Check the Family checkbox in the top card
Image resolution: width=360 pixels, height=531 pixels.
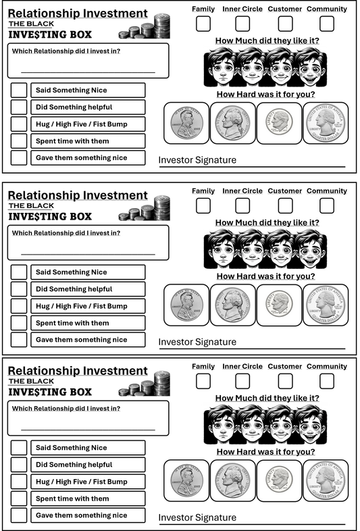[203, 24]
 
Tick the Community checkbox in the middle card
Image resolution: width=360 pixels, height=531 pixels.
[327, 205]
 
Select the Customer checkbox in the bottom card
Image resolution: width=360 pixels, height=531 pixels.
[286, 381]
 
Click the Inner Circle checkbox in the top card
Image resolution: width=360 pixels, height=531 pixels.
[242, 24]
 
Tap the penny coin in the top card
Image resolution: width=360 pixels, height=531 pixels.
[186, 122]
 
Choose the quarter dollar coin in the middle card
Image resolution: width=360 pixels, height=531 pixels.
[326, 305]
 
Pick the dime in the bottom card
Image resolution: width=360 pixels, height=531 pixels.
[279, 480]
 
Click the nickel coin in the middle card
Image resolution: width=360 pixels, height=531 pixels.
[233, 305]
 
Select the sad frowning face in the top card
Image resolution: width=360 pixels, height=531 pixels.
[222, 67]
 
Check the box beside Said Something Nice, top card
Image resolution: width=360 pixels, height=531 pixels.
[19, 91]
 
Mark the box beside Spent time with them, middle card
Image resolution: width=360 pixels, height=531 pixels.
[19, 323]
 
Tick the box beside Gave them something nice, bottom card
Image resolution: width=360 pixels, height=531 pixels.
[19, 515]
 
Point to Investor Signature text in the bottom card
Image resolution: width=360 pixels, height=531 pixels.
[197, 517]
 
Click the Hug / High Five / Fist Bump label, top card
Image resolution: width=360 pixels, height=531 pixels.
[82, 124]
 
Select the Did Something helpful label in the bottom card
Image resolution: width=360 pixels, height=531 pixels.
[74, 465]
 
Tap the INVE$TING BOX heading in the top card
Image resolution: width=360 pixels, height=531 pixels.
[50, 35]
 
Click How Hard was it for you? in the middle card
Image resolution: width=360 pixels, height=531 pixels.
[265, 276]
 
